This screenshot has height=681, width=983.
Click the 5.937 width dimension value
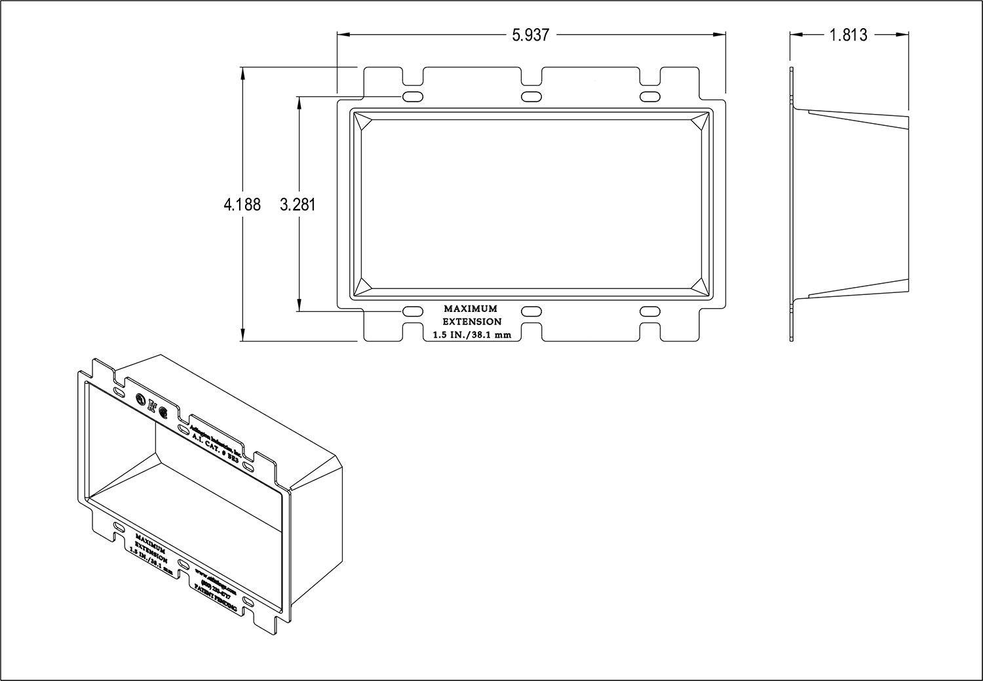click(530, 35)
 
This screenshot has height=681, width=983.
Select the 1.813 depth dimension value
click(849, 35)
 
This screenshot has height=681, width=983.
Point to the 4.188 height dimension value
click(242, 205)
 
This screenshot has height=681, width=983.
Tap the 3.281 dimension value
click(298, 205)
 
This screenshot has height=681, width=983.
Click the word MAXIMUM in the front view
click(471, 309)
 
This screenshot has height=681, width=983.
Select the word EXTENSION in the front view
click(472, 322)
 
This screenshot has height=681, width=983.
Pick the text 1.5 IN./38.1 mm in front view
click(471, 335)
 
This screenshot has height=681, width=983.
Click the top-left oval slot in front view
click(412, 97)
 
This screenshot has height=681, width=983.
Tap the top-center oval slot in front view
click(531, 97)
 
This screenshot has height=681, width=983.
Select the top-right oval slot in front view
click(649, 97)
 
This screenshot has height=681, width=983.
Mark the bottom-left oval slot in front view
click(412, 311)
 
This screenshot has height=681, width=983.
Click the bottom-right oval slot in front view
click(649, 311)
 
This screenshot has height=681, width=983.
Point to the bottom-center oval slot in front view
click(531, 311)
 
